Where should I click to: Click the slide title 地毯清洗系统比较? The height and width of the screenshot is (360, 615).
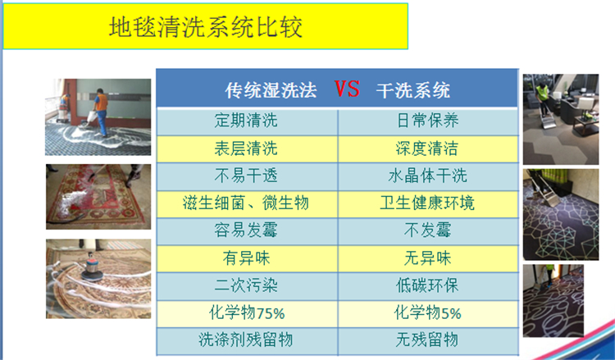pos(205,27)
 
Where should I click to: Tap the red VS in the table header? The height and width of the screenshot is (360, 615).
pos(347,89)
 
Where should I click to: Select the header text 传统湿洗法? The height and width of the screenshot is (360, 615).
pos(271,90)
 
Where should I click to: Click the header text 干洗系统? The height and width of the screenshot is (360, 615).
pos(413,90)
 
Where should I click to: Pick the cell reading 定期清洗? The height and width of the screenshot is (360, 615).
pos(246,121)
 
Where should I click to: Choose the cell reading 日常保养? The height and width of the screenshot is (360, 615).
pos(427,121)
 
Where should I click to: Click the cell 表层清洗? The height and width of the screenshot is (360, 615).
pos(246,148)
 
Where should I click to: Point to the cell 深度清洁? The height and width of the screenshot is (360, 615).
pos(426,148)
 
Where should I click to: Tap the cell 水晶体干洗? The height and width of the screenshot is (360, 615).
pos(427,175)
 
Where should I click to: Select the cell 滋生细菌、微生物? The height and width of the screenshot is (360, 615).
pos(246,203)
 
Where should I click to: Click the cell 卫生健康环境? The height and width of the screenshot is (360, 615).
pos(427,203)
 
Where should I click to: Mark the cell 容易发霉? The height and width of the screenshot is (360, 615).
pos(246,230)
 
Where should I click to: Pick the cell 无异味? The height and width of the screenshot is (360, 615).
pos(427,258)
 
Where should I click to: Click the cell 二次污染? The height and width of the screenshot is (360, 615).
pos(246,285)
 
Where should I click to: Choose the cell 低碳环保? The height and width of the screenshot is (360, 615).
pos(427,285)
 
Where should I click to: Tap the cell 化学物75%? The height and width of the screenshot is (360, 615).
pos(247,313)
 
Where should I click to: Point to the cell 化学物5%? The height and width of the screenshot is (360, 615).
pos(427,313)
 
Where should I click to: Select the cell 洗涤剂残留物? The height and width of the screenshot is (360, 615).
pos(246,339)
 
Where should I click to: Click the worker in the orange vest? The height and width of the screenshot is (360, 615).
pos(101,112)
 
